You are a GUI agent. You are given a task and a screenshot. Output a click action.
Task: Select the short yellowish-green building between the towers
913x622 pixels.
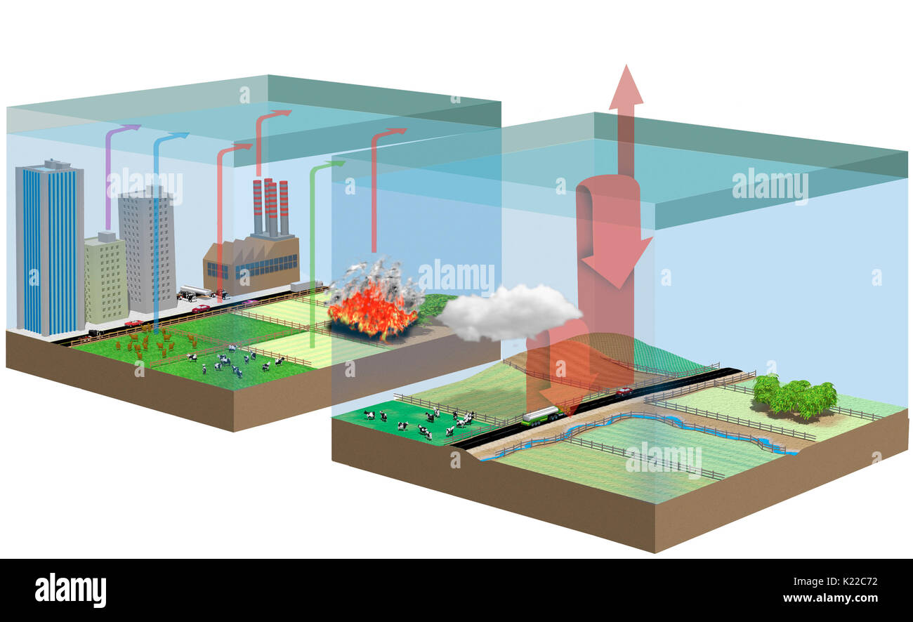(106, 277)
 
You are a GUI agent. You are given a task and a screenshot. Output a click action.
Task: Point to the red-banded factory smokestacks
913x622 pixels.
(270, 207)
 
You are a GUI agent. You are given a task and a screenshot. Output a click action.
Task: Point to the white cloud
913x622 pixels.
(509, 312)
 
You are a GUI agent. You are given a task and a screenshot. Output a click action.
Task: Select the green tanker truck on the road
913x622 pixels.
(540, 416)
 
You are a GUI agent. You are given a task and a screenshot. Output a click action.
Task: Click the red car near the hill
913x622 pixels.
(623, 391)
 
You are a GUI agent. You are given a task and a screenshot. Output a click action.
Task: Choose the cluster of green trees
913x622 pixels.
(794, 397)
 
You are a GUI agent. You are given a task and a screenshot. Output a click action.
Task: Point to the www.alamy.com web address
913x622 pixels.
(830, 599)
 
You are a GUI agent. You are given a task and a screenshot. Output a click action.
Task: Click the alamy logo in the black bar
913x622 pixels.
(70, 590)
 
